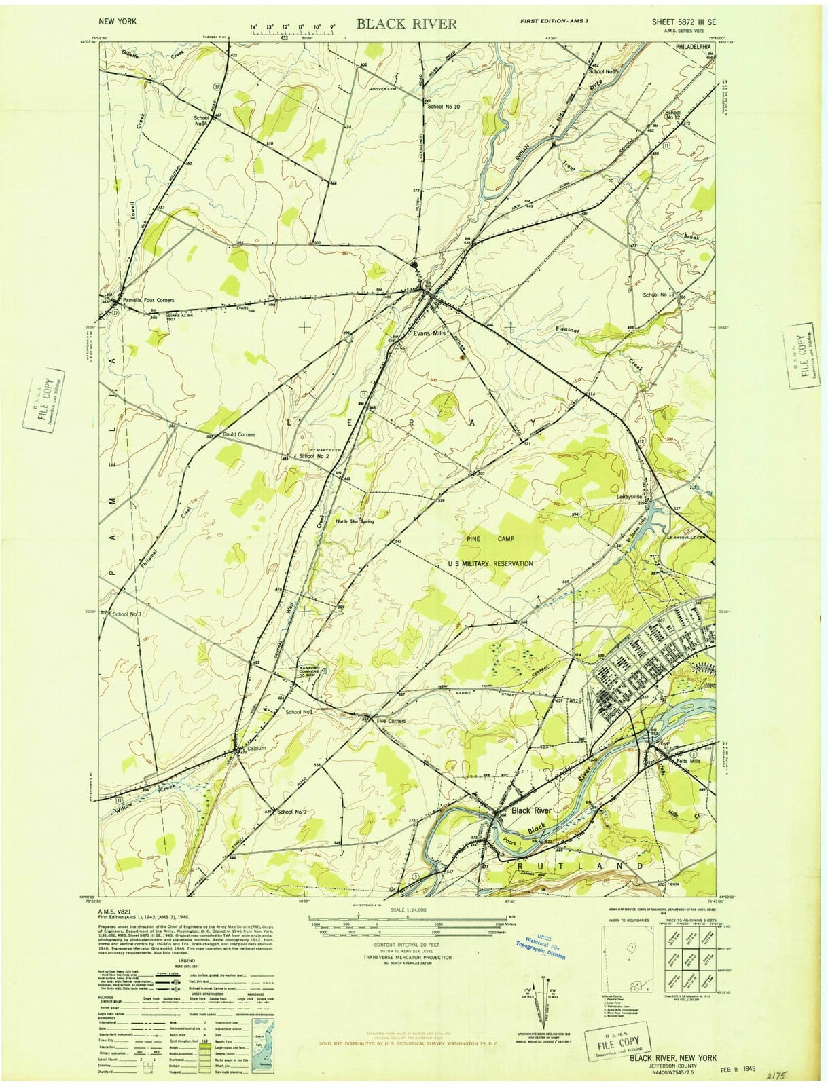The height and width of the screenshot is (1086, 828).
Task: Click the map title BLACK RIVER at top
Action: [407, 24]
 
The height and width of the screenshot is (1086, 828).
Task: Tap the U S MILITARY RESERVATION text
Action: [490, 564]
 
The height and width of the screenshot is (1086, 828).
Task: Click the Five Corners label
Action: [391, 721]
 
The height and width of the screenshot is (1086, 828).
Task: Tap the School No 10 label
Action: [444, 107]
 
